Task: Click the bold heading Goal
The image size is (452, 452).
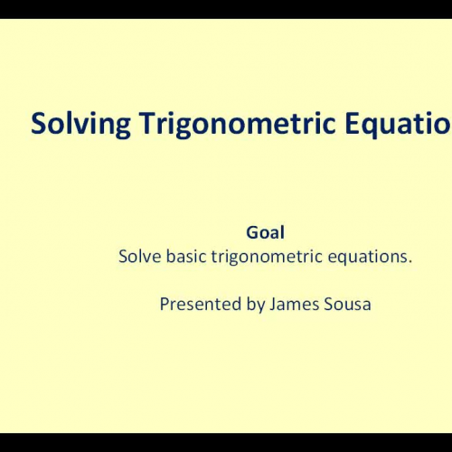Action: point(265,232)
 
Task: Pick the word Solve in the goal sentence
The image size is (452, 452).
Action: point(138,256)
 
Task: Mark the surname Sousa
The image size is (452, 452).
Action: point(347,305)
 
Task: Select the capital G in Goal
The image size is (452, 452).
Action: point(250,232)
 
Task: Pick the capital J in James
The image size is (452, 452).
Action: point(273,305)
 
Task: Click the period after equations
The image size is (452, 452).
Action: point(410,261)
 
